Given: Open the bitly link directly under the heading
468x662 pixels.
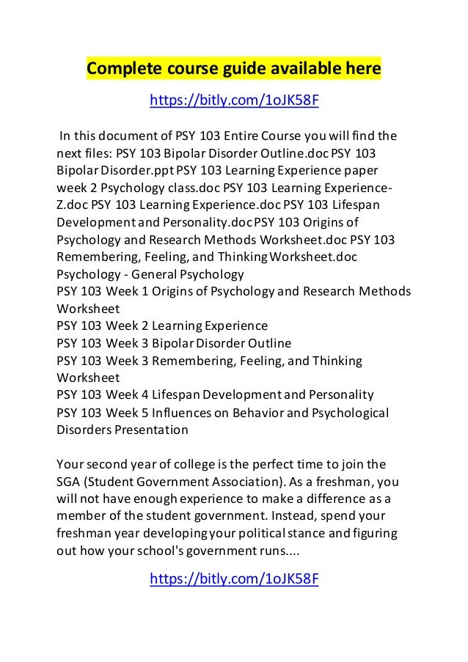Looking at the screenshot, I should pos(234,100).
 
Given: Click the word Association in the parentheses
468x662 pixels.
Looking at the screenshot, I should pos(246,482).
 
